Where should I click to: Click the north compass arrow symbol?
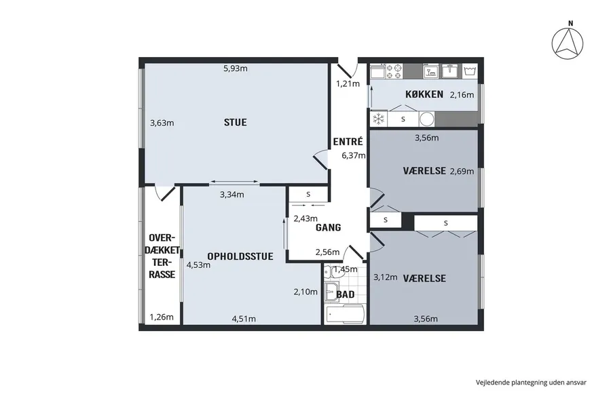568,43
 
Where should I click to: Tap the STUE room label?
236,122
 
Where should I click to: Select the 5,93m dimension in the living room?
236,69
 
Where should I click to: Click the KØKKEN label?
424,94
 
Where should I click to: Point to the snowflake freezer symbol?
378,119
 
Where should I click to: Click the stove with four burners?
394,72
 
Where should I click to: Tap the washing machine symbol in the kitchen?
470,71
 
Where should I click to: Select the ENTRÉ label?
348,141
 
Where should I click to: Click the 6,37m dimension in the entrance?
354,156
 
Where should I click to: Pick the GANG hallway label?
328,227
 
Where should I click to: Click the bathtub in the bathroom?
344,313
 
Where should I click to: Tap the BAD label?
346,294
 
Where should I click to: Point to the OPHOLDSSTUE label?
240,256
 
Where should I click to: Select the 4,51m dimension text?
244,319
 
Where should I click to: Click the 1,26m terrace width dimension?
162,317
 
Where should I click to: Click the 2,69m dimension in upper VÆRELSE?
462,172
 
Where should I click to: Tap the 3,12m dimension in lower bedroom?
386,277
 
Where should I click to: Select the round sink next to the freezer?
427,119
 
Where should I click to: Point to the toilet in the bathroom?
334,271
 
